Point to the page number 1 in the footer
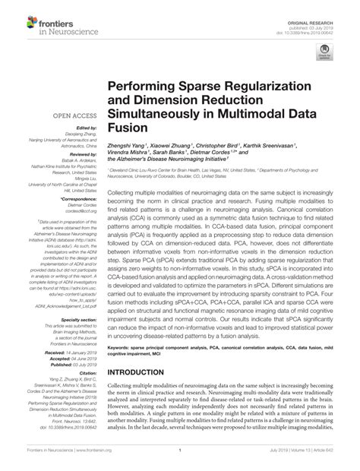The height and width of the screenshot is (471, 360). click(180, 460)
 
